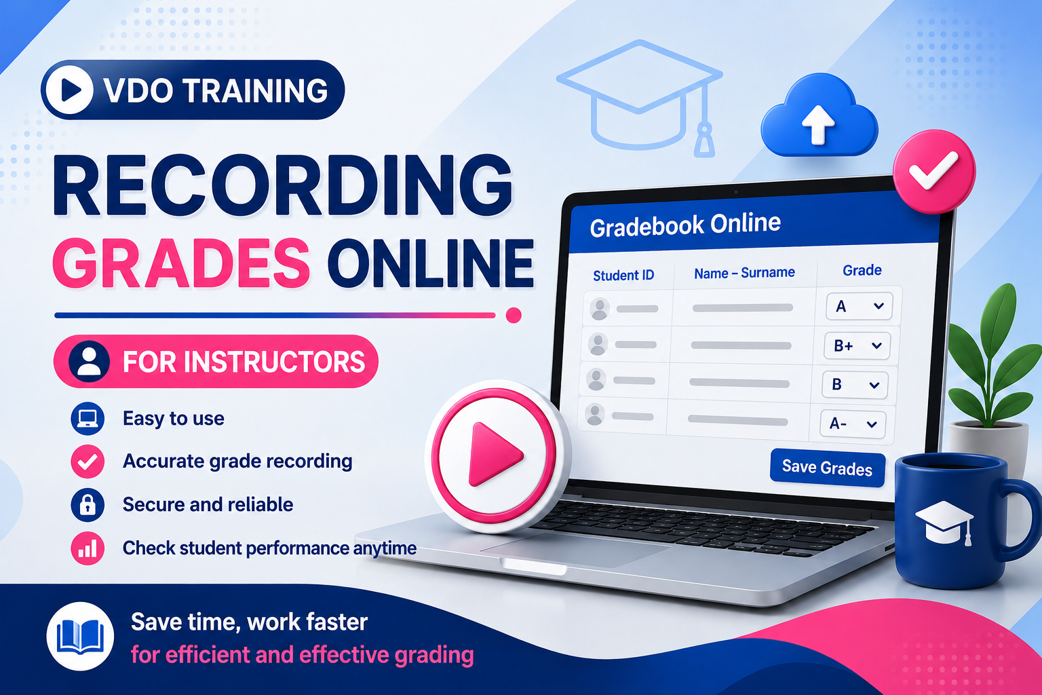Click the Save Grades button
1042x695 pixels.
[827, 468]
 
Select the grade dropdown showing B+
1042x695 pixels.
[857, 345]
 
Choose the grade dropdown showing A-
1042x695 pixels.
[853, 424]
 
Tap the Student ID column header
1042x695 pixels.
[623, 275]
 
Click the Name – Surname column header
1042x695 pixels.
[744, 272]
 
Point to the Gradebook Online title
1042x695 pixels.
[685, 225]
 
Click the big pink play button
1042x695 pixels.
[494, 455]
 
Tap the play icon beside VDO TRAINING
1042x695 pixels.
[70, 90]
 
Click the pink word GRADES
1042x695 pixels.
[180, 263]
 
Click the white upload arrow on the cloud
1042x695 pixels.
[818, 124]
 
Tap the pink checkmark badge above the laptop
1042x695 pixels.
[934, 171]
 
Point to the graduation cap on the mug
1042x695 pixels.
[944, 522]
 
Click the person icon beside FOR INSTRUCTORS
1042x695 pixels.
[89, 361]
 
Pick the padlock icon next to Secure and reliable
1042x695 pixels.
[88, 504]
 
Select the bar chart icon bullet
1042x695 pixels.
[88, 548]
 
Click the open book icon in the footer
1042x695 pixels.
[80, 636]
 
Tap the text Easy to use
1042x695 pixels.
[174, 419]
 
